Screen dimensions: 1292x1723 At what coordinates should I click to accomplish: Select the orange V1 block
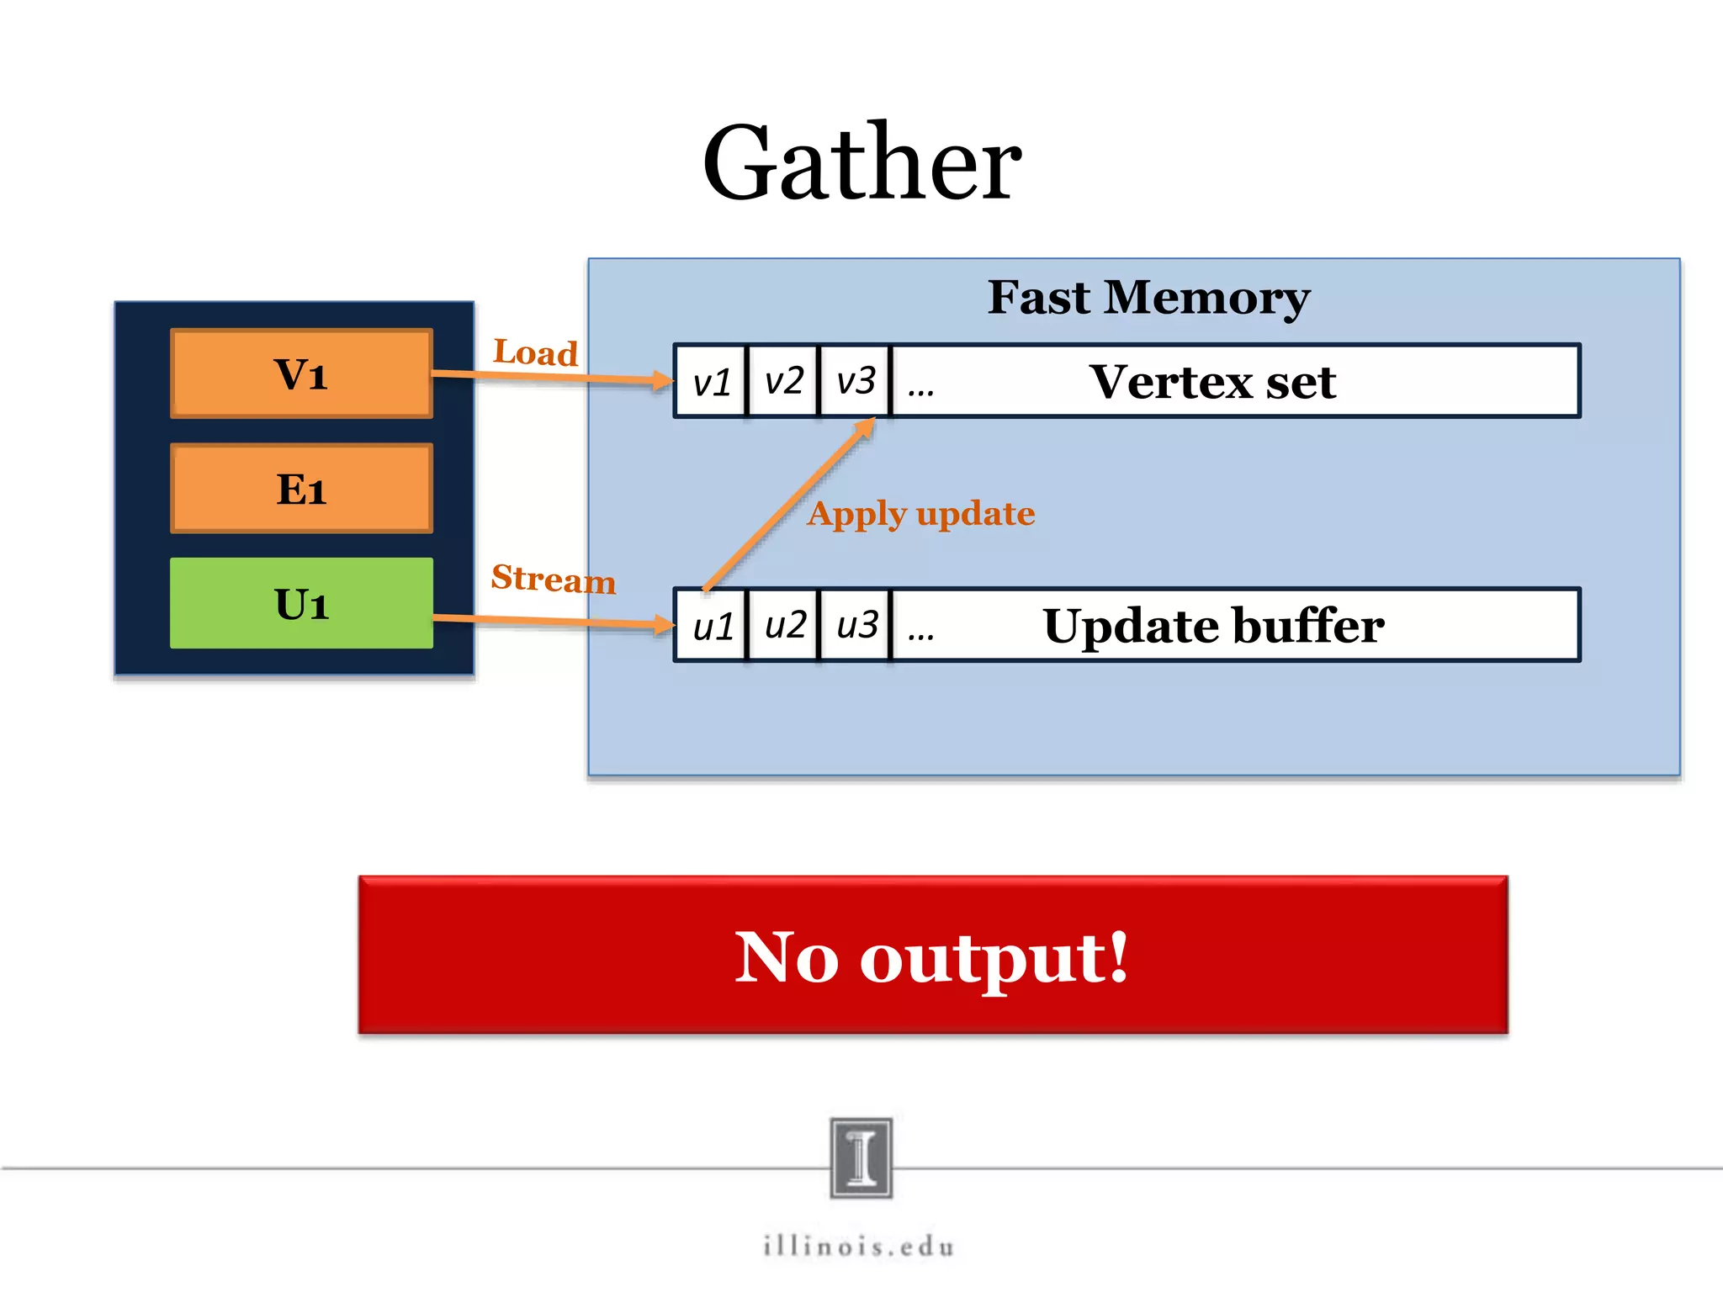click(301, 373)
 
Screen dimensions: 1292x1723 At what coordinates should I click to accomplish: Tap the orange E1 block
click(301, 489)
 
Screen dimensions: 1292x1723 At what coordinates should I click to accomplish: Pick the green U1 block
click(301, 603)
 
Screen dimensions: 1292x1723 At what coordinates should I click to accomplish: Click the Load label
click(535, 352)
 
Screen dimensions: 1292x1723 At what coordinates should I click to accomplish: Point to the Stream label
click(553, 579)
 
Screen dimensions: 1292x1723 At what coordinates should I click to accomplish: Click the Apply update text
click(920, 513)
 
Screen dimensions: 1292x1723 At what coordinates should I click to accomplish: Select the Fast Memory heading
click(1148, 297)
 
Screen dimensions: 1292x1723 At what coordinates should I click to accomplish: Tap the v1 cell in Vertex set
click(711, 382)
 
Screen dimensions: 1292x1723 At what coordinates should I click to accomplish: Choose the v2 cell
click(783, 381)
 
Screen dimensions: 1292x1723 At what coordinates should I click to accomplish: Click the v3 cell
click(856, 381)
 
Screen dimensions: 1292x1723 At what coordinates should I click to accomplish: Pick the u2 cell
click(784, 626)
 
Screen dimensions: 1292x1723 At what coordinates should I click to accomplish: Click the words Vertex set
click(1211, 382)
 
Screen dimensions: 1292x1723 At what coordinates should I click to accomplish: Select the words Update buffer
click(1212, 626)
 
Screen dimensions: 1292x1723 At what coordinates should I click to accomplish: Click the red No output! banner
click(932, 956)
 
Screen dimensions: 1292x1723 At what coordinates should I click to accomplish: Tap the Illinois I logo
click(861, 1157)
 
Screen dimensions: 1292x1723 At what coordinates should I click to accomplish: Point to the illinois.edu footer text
click(859, 1246)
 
